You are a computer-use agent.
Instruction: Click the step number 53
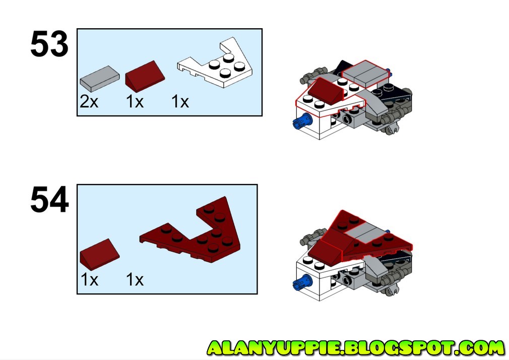pyautogui.click(x=49, y=45)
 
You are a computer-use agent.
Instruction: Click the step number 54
pyautogui.click(x=49, y=200)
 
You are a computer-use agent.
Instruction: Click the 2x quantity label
pyautogui.click(x=89, y=102)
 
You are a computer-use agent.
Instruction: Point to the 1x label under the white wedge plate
pyautogui.click(x=180, y=102)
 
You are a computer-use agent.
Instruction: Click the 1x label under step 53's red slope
pyautogui.click(x=135, y=102)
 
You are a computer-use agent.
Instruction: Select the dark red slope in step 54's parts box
pyautogui.click(x=100, y=252)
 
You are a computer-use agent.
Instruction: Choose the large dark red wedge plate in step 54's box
pyautogui.click(x=202, y=233)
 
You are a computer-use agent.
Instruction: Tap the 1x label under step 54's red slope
pyautogui.click(x=89, y=279)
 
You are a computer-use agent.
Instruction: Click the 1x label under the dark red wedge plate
pyautogui.click(x=135, y=279)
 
